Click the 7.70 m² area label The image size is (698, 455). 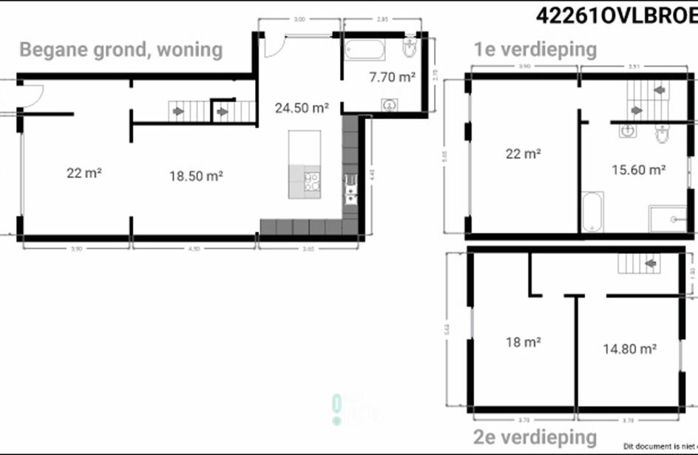point(392,75)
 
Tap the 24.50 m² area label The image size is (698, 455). point(302,108)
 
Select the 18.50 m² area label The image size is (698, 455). point(196,176)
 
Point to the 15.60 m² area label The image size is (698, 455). point(639,169)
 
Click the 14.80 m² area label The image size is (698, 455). point(630,348)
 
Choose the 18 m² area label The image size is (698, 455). point(523,342)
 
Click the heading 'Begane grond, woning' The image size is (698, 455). point(121,49)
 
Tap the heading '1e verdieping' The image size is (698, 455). point(535,49)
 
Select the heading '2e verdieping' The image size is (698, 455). point(535,437)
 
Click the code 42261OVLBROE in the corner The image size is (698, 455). point(615,16)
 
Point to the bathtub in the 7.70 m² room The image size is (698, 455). point(363,51)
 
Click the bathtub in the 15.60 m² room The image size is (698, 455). point(593,211)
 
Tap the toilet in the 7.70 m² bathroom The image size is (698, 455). point(409,49)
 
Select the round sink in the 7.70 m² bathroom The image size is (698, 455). point(388,104)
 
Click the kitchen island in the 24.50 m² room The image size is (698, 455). point(305,164)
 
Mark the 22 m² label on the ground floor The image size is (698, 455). point(84,174)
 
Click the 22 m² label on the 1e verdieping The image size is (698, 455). point(523,154)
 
